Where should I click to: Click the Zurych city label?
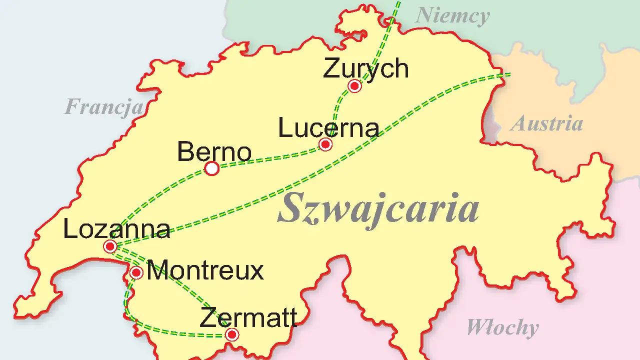[x=365, y=68]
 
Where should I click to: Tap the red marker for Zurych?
[x=355, y=86]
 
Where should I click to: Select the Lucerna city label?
[x=328, y=127]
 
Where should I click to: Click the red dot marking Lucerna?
[x=325, y=144]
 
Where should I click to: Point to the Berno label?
[x=214, y=151]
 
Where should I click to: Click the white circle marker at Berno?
[x=212, y=169]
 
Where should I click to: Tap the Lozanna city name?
[x=116, y=229]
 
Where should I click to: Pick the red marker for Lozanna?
[x=110, y=246]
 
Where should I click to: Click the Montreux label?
[x=205, y=270]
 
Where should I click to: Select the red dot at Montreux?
[x=136, y=272]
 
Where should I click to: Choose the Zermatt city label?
[x=248, y=318]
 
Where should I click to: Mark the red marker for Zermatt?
[x=231, y=334]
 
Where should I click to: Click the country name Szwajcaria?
[x=378, y=208]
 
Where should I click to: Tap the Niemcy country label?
[x=452, y=16]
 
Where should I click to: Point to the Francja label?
[x=104, y=106]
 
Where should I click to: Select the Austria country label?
[x=546, y=123]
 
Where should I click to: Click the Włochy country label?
[x=502, y=327]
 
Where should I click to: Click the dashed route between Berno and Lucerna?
[x=270, y=159]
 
